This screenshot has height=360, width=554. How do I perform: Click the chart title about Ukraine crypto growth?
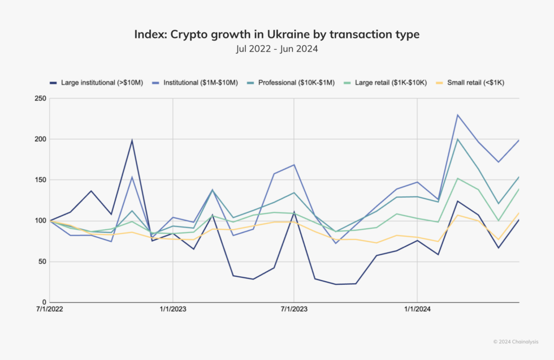[x=276, y=35]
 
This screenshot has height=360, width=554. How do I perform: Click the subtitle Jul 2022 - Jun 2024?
[x=276, y=49]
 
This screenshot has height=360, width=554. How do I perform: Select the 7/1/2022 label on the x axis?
[x=50, y=310]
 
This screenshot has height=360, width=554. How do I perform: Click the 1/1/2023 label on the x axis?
[x=173, y=310]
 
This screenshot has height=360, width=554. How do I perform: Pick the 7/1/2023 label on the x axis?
[x=294, y=310]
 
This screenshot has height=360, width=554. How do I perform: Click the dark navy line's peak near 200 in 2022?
[x=132, y=141]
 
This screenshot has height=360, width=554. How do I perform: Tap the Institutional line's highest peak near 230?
[x=458, y=115]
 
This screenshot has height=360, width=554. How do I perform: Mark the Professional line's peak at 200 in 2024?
[x=458, y=139]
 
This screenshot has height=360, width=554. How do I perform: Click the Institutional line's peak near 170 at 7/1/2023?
[x=294, y=165]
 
